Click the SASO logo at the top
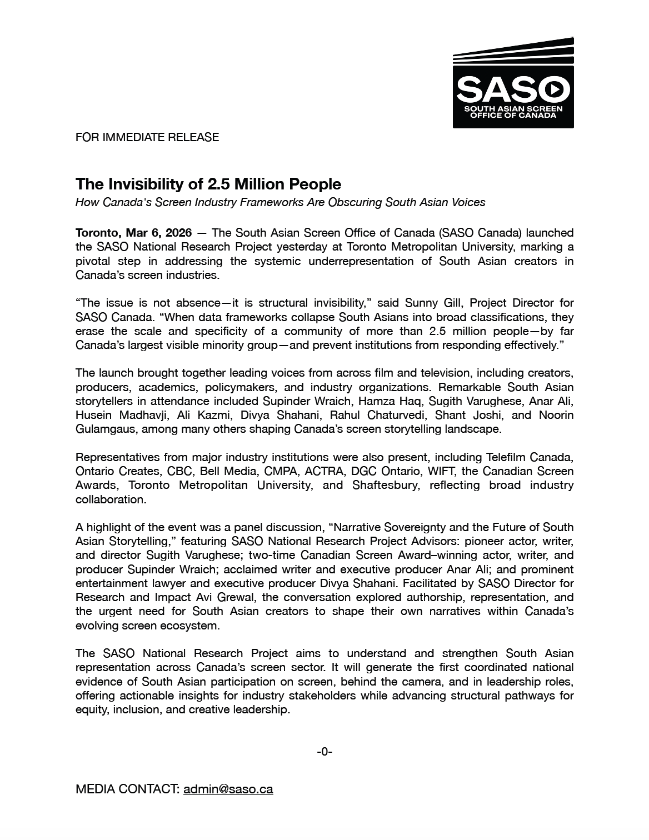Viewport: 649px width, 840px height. click(x=513, y=83)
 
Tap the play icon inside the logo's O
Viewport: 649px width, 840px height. click(x=552, y=89)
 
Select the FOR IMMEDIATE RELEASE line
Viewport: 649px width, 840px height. click(x=147, y=137)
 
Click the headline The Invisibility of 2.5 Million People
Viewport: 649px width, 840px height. click(x=208, y=184)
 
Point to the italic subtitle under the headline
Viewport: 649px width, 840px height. click(x=280, y=202)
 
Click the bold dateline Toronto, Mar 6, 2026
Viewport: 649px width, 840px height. click(x=133, y=233)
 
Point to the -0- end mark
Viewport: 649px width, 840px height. click(x=324, y=752)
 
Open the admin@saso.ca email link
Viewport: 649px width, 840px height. click(x=228, y=789)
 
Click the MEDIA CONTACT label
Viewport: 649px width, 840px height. click(x=127, y=789)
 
